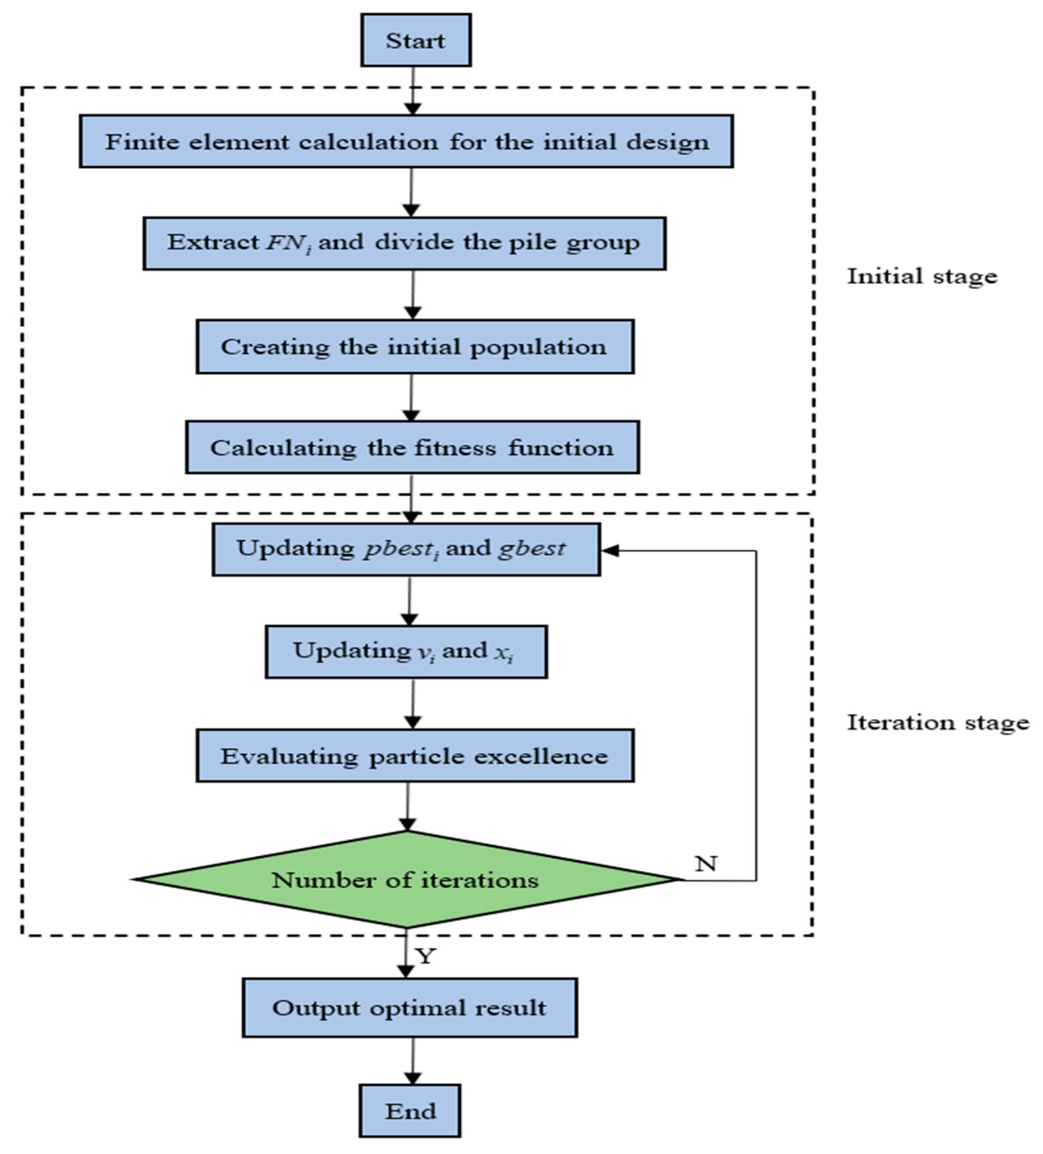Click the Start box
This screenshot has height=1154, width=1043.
coord(416,40)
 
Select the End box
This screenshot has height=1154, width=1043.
coord(410,1111)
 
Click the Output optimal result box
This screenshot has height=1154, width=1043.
coord(409,1007)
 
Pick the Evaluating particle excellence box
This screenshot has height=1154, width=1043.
coord(414,755)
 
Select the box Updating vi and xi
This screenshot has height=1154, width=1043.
coord(406,651)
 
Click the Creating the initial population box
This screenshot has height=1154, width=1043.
coord(414,347)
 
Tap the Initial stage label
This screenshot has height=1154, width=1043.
coord(921,277)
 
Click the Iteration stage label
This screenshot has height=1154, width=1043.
coord(938,722)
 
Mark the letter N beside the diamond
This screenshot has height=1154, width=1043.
coord(706,864)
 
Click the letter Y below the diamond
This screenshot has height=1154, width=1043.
coord(426,956)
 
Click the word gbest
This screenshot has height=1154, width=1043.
coord(532,549)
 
